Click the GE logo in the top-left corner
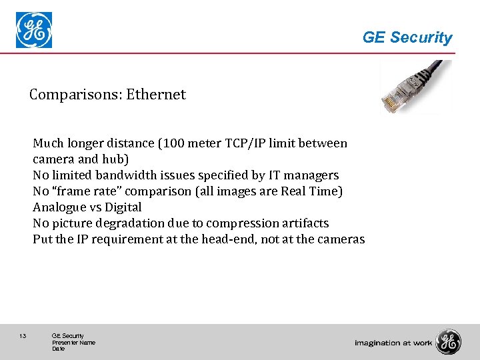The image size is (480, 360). pos(34,31)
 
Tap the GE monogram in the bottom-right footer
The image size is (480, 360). pos(448,342)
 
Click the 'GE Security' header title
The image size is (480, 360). pos(407,38)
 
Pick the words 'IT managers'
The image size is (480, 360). pos(304,175)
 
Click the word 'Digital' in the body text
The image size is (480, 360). pos(123,207)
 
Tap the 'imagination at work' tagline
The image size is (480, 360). pos(393,343)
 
